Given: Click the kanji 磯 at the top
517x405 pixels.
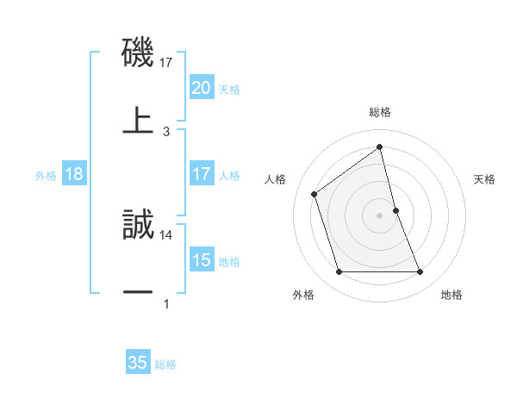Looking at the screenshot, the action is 138,54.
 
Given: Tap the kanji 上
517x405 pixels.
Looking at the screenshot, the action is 138,121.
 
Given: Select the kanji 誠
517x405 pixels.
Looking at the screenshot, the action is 138,227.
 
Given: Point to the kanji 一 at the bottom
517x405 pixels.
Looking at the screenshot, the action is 138,293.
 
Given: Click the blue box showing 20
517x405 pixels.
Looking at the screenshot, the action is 201,88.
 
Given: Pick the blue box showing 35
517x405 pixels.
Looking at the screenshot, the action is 138,363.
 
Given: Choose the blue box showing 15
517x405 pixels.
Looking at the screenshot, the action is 201,260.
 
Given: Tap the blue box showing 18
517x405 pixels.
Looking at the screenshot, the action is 74,174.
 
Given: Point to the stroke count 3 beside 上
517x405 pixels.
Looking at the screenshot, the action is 166,132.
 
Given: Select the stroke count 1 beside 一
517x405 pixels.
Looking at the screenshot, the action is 166,303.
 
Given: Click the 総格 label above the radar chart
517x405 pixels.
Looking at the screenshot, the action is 380,112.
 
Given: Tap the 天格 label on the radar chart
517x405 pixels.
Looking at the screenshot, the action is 485,179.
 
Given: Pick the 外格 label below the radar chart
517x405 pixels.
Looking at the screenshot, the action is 303,296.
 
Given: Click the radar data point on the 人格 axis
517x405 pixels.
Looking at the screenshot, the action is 315,194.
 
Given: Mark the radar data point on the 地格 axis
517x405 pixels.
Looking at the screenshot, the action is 420,272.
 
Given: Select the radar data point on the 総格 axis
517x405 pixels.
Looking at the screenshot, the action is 380,147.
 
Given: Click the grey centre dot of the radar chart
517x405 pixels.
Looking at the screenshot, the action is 380,215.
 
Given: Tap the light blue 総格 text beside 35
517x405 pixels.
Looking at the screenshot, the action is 166,364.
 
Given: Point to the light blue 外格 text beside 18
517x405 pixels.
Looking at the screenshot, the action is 46,176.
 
